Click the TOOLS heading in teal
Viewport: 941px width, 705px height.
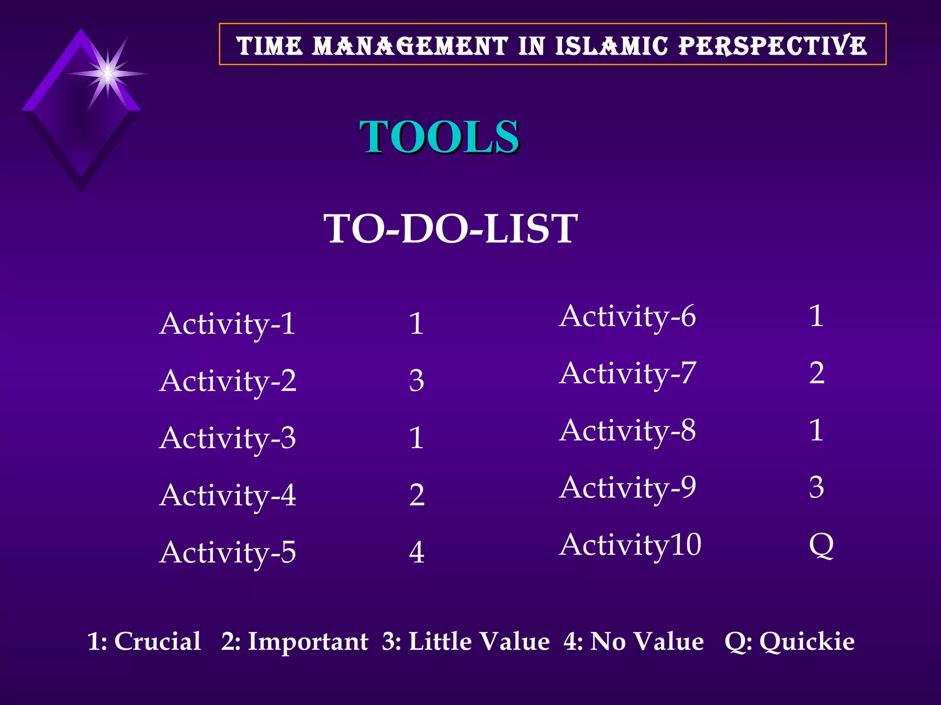pyautogui.click(x=439, y=137)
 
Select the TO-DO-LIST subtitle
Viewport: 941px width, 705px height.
pyautogui.click(x=450, y=229)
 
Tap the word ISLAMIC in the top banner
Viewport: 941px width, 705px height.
pyautogui.click(x=611, y=46)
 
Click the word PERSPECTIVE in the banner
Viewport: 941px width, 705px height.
pyautogui.click(x=773, y=46)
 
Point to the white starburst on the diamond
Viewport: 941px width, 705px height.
pyautogui.click(x=108, y=73)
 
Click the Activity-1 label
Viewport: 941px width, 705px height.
pyautogui.click(x=227, y=324)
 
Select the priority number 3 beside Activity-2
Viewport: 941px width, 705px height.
pyautogui.click(x=416, y=381)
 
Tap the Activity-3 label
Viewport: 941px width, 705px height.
pyautogui.click(x=227, y=438)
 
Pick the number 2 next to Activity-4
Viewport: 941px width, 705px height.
pyautogui.click(x=417, y=495)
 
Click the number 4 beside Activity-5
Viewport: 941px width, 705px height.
pyautogui.click(x=417, y=552)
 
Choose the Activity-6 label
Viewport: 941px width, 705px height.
pyautogui.click(x=628, y=316)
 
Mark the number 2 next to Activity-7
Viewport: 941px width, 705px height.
pyautogui.click(x=816, y=373)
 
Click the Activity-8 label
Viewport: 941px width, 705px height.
pyautogui.click(x=628, y=431)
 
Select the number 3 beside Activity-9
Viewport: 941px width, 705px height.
pyautogui.click(x=816, y=487)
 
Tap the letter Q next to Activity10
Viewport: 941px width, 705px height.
pyautogui.click(x=821, y=545)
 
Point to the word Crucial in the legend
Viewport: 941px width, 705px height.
pyautogui.click(x=157, y=641)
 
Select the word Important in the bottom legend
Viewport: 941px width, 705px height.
pyautogui.click(x=308, y=641)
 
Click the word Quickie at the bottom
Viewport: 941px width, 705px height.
pyautogui.click(x=807, y=641)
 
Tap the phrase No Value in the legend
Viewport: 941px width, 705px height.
pyautogui.click(x=646, y=641)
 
